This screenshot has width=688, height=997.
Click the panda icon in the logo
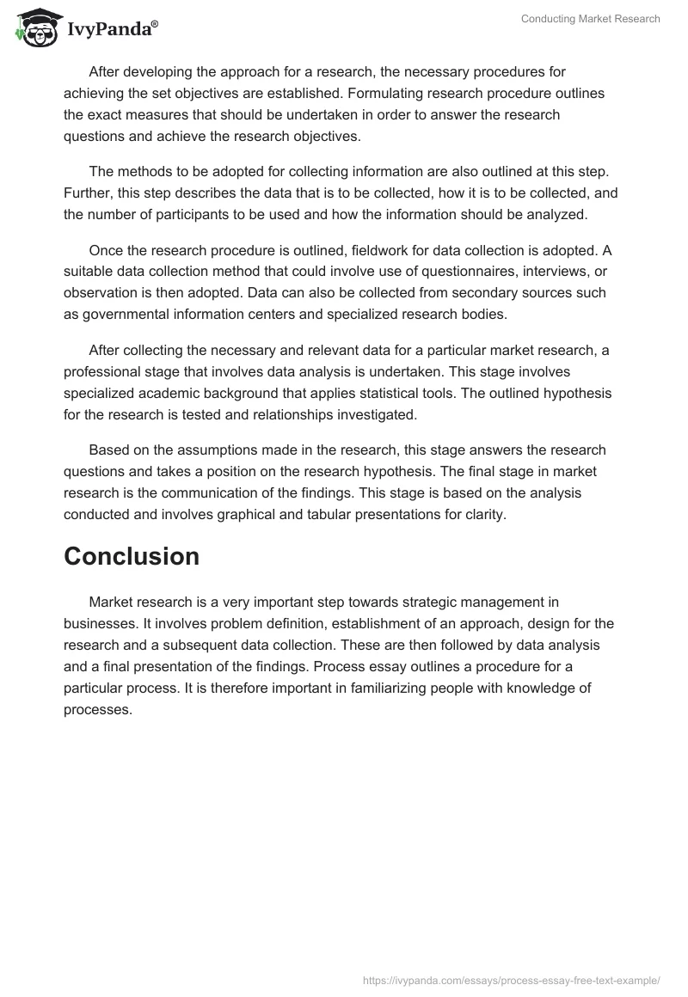32,27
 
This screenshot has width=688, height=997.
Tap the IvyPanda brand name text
112,29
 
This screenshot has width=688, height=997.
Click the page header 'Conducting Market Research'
590,19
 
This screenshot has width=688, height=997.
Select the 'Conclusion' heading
132,556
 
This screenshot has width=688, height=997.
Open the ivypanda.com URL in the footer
511,980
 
